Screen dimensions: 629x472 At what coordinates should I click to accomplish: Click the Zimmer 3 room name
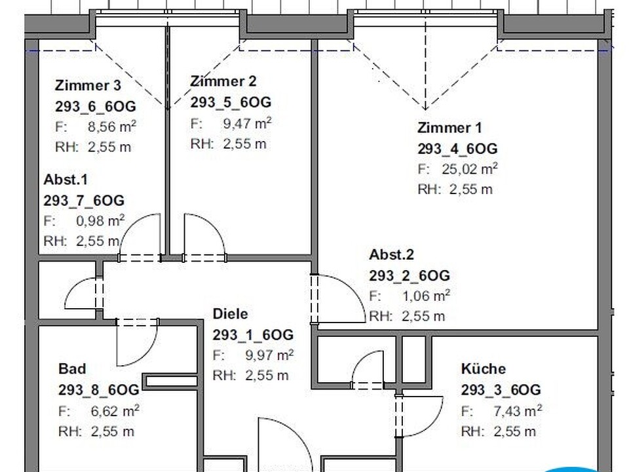[88, 85]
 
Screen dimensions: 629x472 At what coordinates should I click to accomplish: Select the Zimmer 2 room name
[223, 81]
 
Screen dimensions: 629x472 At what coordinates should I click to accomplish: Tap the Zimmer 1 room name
[449, 128]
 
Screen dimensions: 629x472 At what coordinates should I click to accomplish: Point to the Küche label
[484, 368]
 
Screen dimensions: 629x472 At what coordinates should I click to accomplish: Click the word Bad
[72, 369]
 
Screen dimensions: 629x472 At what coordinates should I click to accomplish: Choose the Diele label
[230, 314]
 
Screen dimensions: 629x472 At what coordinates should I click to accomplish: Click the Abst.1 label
[66, 180]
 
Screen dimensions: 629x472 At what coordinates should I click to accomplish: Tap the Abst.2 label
[392, 254]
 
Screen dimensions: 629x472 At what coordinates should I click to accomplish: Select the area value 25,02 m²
[470, 169]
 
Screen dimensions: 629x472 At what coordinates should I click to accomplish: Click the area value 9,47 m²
[247, 123]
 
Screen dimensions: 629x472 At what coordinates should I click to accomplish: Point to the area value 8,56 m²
[112, 127]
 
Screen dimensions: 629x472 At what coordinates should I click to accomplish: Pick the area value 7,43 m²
[518, 410]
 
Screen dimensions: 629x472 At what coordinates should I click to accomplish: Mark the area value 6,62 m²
[115, 411]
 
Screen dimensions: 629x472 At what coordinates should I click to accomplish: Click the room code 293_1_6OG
[253, 335]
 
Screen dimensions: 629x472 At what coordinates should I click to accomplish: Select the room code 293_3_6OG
[501, 389]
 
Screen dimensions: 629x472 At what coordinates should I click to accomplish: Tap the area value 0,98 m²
[100, 221]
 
